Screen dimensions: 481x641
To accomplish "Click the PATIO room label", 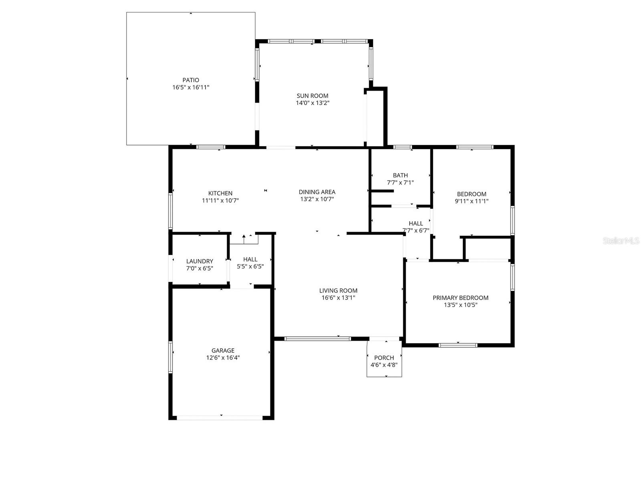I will click(191, 80).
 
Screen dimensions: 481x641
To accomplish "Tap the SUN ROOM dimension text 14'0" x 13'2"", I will click(312, 103).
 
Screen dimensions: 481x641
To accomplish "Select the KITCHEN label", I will click(220, 193).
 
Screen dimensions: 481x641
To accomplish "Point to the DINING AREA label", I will click(317, 192).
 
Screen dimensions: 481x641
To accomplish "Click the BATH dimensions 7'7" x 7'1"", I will click(400, 182).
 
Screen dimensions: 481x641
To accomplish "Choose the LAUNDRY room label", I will click(200, 261).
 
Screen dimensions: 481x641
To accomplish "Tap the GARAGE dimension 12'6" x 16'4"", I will click(223, 358).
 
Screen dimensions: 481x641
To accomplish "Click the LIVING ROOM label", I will click(338, 291).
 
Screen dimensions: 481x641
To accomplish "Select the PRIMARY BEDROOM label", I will click(460, 298).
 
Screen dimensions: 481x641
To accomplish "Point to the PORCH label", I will click(384, 358).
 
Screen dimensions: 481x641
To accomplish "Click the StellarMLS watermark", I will click(621, 241).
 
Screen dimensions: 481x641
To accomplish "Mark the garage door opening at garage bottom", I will click(220, 418).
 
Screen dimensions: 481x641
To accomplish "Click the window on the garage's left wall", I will click(170, 357).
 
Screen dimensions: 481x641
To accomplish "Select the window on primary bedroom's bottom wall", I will click(458, 345).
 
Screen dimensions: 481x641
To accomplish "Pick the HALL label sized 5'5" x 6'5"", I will click(250, 259).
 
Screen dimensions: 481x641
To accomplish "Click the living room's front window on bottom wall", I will click(317, 339).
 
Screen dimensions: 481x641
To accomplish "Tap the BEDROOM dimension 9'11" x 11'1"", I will click(472, 201).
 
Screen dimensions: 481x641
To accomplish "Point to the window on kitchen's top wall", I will click(211, 147).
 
